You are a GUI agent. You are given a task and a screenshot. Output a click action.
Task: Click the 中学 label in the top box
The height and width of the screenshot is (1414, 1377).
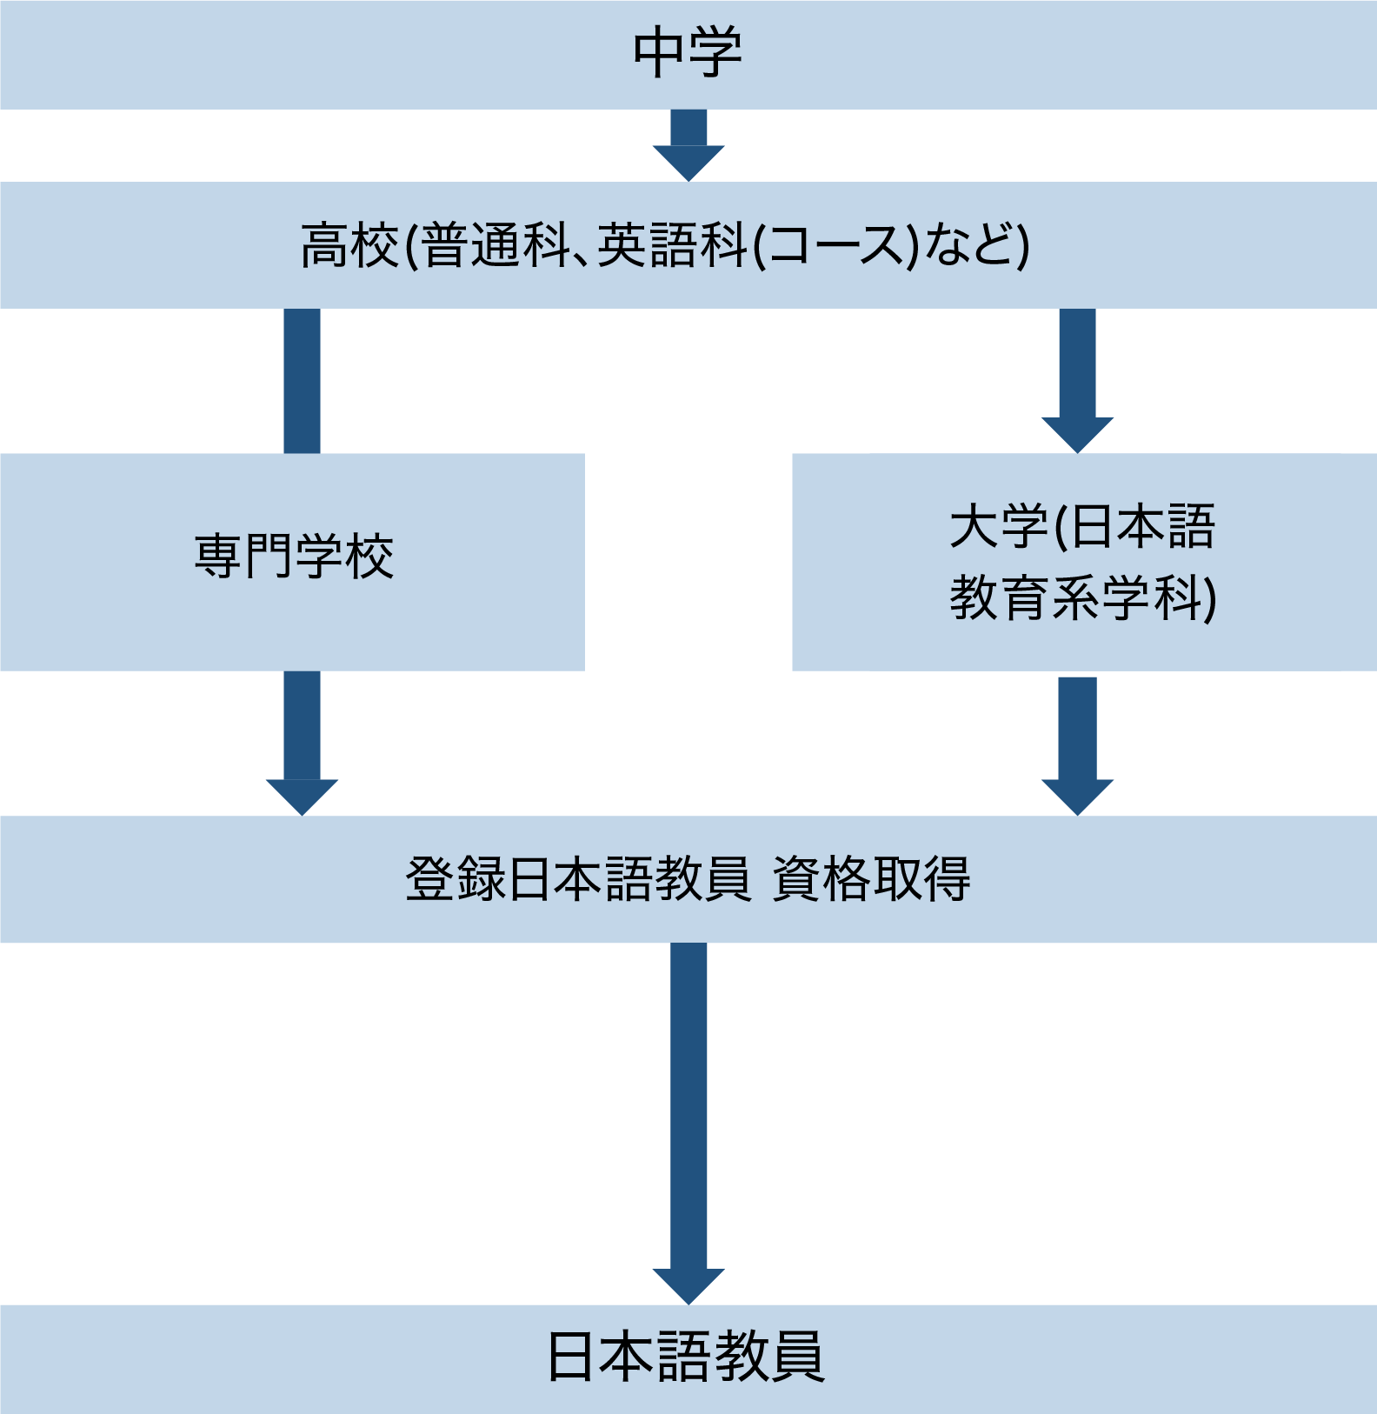pos(688,53)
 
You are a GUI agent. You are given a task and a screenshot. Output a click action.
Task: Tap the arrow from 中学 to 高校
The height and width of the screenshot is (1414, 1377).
pos(688,145)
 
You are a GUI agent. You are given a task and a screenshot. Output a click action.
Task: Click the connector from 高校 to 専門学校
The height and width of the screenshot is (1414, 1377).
pos(302,381)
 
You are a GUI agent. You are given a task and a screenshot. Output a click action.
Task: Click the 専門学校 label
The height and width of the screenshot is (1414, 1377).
pos(294,557)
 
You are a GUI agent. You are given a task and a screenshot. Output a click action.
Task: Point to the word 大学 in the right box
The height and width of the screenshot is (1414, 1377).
pos(999,527)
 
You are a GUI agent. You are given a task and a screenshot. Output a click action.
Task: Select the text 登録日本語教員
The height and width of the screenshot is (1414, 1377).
pos(577,879)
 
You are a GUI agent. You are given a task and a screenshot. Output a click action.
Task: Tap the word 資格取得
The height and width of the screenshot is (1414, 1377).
pos(871,879)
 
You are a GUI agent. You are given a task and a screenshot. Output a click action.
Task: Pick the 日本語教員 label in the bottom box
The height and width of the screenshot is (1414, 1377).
pos(686,1357)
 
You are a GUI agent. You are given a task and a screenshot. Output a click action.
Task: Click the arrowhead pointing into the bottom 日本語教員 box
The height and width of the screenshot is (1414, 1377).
pos(688,1285)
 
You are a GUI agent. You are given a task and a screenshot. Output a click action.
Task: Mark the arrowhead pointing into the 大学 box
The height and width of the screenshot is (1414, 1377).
pos(1077,434)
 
